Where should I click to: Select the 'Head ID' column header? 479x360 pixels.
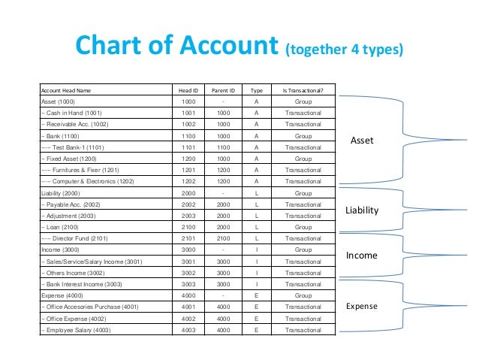[188, 90]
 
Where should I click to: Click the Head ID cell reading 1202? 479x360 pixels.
[188, 182]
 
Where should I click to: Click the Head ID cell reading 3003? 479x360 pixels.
[188, 283]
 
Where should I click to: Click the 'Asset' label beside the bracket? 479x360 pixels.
[363, 141]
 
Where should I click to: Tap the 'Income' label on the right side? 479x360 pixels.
[361, 256]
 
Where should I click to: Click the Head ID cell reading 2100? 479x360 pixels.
[188, 227]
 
